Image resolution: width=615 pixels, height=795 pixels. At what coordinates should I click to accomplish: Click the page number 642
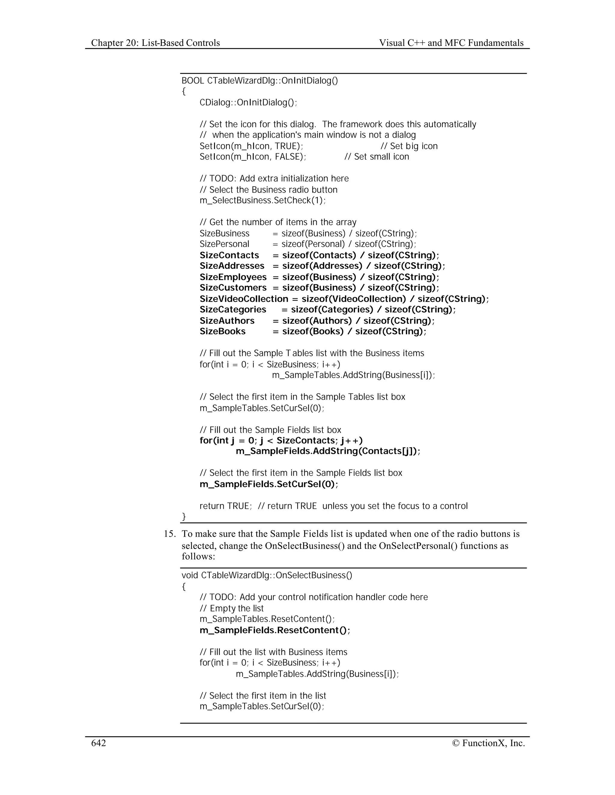pyautogui.click(x=98, y=743)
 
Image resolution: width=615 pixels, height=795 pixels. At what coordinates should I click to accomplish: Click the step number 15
pyautogui.click(x=169, y=534)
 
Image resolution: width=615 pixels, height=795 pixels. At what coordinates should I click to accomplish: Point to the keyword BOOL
pyautogui.click(x=193, y=80)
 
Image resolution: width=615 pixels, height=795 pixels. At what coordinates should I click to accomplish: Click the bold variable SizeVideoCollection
pyautogui.click(x=244, y=299)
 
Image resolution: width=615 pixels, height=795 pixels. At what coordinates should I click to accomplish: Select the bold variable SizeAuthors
pyautogui.click(x=227, y=321)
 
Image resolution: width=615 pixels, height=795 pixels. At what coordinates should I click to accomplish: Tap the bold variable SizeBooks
pyautogui.click(x=223, y=331)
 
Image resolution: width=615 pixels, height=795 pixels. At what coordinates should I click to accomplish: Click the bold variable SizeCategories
pyautogui.click(x=233, y=309)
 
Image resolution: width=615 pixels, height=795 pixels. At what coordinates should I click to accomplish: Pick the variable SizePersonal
pyautogui.click(x=224, y=244)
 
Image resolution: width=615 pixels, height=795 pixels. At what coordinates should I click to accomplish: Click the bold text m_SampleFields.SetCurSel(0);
pyautogui.click(x=269, y=484)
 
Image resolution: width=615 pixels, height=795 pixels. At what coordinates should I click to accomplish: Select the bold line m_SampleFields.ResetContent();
pyautogui.click(x=275, y=630)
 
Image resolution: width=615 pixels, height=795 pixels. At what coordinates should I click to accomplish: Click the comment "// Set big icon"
pyautogui.click(x=409, y=146)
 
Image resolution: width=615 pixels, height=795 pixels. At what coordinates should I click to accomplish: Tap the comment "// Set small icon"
pyautogui.click(x=377, y=157)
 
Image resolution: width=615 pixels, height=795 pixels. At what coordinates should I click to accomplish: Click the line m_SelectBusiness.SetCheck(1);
pyautogui.click(x=263, y=200)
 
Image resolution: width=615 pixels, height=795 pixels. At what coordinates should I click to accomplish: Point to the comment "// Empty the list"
pyautogui.click(x=231, y=608)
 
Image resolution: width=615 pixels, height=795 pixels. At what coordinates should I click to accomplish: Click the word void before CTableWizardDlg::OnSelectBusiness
pyautogui.click(x=190, y=575)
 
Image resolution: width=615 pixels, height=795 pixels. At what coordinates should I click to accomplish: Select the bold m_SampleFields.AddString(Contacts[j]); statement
pyautogui.click(x=328, y=451)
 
